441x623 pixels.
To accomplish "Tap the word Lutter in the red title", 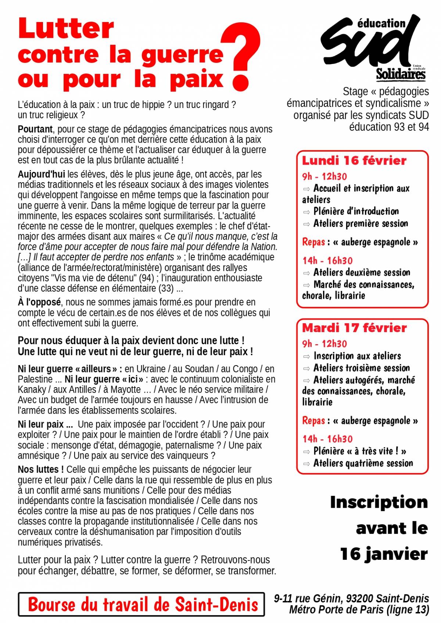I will click(66, 28).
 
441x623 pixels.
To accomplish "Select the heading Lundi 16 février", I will click(354, 161).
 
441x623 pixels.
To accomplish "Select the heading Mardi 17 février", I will click(354, 328).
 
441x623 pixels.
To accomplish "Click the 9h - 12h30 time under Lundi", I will click(325, 177).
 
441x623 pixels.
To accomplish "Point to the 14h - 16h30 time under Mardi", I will click(327, 439).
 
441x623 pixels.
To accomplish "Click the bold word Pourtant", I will click(35, 129).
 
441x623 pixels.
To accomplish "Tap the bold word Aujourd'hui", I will click(41, 174).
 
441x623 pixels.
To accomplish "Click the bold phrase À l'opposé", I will click(39, 302).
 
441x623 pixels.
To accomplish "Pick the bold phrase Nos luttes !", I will click(41, 469).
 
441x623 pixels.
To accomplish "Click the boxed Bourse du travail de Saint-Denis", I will click(141, 604).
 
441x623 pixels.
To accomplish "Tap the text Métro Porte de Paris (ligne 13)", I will click(359, 610).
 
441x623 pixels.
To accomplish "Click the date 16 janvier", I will click(384, 554).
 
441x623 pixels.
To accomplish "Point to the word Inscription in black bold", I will click(379, 502).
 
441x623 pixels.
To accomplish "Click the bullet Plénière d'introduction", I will click(356, 212).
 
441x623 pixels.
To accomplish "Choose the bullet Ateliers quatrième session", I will click(363, 464).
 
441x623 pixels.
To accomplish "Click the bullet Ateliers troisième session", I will click(362, 368).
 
